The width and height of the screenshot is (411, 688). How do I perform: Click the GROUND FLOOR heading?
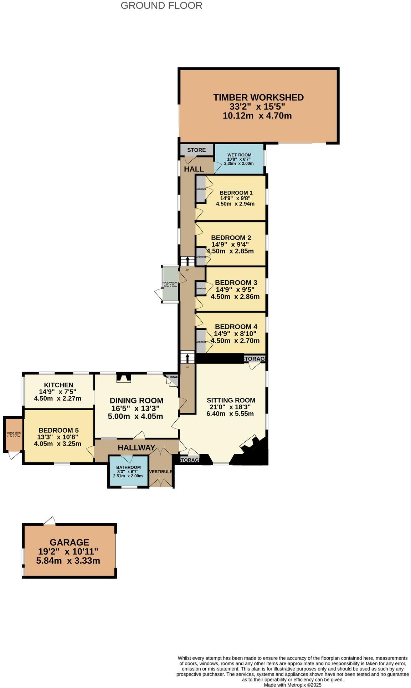click(161, 6)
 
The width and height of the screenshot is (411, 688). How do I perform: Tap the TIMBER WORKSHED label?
click(258, 97)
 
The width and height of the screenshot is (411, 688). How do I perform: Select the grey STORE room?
click(196, 150)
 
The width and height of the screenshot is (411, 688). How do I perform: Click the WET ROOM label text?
click(239, 155)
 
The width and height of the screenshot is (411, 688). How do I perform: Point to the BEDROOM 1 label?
click(236, 193)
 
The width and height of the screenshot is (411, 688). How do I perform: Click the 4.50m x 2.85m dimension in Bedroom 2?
click(231, 251)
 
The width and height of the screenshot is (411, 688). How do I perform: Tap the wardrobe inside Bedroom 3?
click(201, 288)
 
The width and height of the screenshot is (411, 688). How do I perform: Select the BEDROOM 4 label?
click(236, 327)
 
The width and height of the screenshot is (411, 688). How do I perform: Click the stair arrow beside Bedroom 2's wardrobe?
click(187, 261)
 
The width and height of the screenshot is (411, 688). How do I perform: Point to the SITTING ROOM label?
click(231, 400)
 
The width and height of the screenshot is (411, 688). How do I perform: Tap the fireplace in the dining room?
click(124, 378)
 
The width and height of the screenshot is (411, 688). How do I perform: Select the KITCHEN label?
click(59, 385)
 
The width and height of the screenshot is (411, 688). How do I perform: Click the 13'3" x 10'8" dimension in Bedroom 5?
click(58, 437)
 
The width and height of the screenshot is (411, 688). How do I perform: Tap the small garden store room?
click(14, 435)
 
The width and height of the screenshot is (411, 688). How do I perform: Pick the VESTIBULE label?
click(160, 472)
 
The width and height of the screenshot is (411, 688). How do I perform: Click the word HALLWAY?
click(136, 448)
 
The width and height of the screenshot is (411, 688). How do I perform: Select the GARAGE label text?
click(69, 542)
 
